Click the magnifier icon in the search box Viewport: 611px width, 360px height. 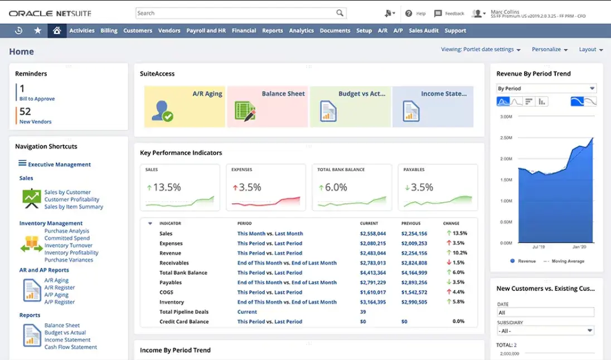point(340,13)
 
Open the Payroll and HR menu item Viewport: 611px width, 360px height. point(206,31)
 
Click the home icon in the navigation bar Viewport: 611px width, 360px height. point(56,31)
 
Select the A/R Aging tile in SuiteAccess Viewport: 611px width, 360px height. point(185,106)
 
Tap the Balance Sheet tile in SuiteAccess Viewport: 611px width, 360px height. point(268,106)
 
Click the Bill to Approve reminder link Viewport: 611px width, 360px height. point(37,99)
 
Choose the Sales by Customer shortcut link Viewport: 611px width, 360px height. point(67,192)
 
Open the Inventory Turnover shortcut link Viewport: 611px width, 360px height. point(69,245)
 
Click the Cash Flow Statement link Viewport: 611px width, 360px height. point(71,347)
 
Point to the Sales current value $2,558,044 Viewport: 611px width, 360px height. point(373,233)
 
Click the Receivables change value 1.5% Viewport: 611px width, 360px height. point(459,263)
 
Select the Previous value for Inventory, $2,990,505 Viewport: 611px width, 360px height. point(414,302)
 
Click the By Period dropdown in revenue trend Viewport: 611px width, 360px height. point(546,89)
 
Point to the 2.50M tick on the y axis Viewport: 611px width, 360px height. point(506,138)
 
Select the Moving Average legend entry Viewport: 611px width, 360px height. point(568,261)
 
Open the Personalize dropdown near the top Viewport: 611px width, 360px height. point(550,50)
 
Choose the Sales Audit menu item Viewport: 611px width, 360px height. point(424,31)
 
